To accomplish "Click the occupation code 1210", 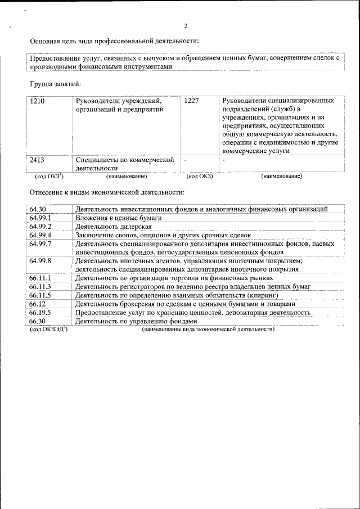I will pos(37,101).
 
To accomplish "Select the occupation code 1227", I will pos(192,101).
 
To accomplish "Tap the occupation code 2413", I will pos(37,160).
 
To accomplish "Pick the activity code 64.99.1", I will pos(40,218).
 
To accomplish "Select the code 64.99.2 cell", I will pos(40,227).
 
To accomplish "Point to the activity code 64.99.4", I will pos(40,235).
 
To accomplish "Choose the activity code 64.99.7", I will pos(40,244).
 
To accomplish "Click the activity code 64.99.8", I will pos(40,261).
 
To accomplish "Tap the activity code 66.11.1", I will pos(40,278).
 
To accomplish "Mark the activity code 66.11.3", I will pos(40,287).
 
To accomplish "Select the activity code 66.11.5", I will pos(40,295).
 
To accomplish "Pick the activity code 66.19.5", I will pos(40,313).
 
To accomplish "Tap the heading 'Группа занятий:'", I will pos(55,84).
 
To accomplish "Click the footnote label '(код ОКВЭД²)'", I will pos(48,328).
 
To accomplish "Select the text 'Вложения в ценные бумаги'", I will pos(119,218).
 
